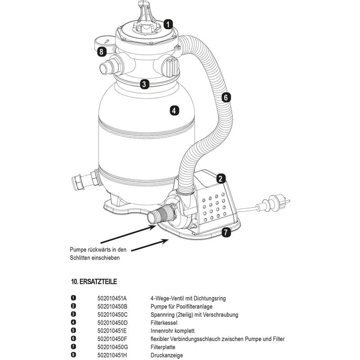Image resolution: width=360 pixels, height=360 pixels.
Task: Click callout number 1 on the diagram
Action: (x=168, y=24)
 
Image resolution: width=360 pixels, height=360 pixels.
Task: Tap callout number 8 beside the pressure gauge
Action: (x=102, y=51)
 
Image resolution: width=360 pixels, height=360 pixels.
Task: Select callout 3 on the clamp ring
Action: (x=144, y=84)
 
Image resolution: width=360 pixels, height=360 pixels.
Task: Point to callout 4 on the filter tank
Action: (x=174, y=111)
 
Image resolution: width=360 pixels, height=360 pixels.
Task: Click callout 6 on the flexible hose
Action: (x=226, y=98)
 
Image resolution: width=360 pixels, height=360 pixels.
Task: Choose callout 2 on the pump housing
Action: (x=220, y=179)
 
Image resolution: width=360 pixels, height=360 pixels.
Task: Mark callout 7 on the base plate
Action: (x=226, y=232)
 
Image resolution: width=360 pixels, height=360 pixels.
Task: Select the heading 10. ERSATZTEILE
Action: (x=94, y=282)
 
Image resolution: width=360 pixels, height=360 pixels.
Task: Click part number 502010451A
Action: (x=112, y=298)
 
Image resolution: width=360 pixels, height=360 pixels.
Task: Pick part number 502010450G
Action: (x=112, y=347)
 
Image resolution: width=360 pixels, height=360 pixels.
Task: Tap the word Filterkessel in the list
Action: (x=164, y=323)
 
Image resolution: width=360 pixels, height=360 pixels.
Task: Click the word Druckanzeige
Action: (x=166, y=355)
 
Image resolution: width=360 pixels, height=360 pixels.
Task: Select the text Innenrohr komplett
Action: (x=172, y=331)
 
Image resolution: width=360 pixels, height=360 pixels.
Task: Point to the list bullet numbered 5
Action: (x=73, y=330)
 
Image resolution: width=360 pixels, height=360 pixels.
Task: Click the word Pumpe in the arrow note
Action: (x=78, y=250)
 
